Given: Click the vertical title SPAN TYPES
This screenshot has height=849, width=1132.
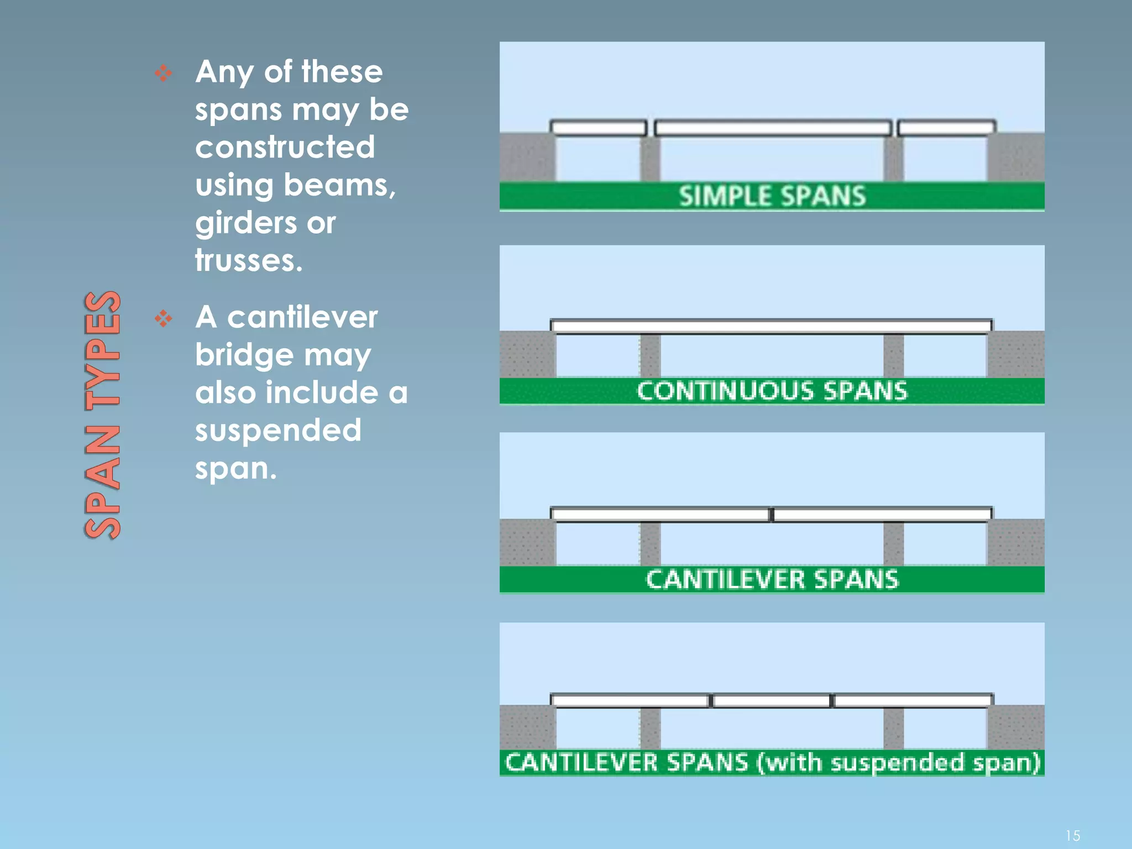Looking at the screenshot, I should point(103,415).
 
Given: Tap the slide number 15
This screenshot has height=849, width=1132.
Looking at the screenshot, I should point(1072,835).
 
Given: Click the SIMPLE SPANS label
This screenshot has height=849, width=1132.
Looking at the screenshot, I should point(772,196).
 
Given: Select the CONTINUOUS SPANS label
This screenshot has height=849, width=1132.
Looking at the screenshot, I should point(772,391).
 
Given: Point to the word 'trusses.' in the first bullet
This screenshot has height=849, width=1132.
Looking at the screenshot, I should point(249,260).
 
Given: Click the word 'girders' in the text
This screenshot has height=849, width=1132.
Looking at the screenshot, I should point(245,223).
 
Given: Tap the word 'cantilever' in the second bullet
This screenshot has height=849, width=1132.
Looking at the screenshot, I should point(302,317).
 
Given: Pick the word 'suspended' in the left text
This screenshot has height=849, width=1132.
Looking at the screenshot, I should point(278,430).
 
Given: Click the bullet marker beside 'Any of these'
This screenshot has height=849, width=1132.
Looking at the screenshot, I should point(163,73).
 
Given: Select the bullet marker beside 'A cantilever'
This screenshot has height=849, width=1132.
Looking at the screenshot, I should point(163,318).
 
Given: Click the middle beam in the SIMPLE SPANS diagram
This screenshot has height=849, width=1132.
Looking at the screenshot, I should point(773,128).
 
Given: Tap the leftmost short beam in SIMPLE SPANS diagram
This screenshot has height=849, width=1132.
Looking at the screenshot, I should point(599,128).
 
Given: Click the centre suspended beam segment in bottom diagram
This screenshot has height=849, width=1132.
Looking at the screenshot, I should point(771,701).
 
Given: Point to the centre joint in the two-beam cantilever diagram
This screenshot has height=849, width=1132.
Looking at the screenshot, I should point(772,515).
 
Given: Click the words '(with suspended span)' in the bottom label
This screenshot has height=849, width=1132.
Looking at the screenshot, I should point(898,763).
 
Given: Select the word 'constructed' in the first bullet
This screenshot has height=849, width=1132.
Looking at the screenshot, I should point(285,147).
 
